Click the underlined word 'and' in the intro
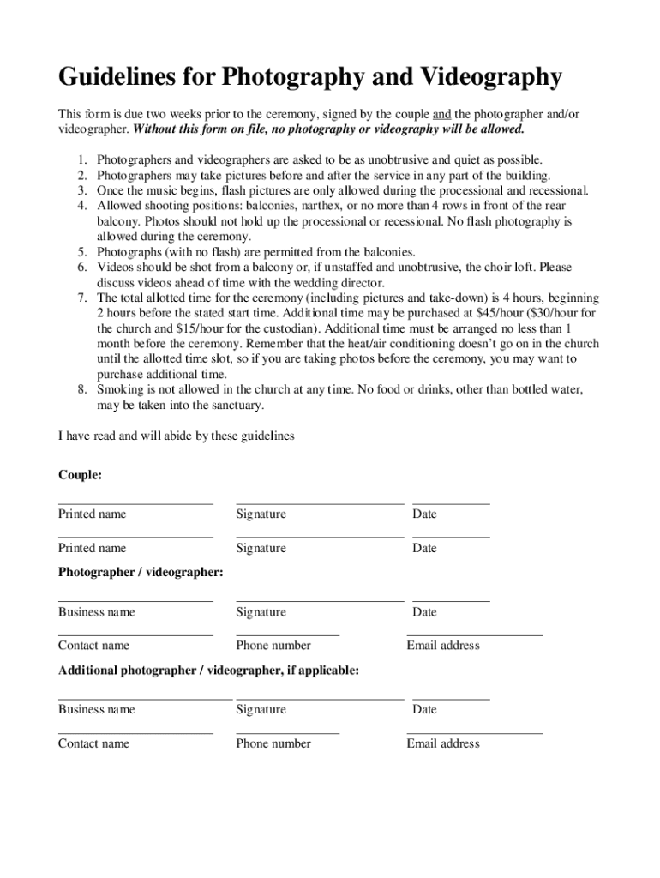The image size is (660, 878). tap(441, 114)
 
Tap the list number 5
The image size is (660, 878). tap(82, 252)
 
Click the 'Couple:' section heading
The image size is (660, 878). tap(80, 474)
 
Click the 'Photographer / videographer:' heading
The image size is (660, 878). tap(141, 572)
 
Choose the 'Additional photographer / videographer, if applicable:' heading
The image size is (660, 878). tap(208, 671)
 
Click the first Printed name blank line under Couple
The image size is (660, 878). tap(135, 504)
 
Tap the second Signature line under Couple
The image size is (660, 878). tap(319, 537)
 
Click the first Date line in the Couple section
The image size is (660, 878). tap(451, 504)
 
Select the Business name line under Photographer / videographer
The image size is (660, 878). tap(135, 602)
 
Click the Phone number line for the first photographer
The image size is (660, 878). tap(287, 635)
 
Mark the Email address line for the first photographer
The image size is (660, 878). tap(474, 635)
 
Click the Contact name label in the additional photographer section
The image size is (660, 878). tap(93, 743)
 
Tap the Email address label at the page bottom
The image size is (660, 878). tap(443, 743)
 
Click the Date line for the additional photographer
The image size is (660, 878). tap(451, 700)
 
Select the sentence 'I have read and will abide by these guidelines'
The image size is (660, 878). tap(176, 436)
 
